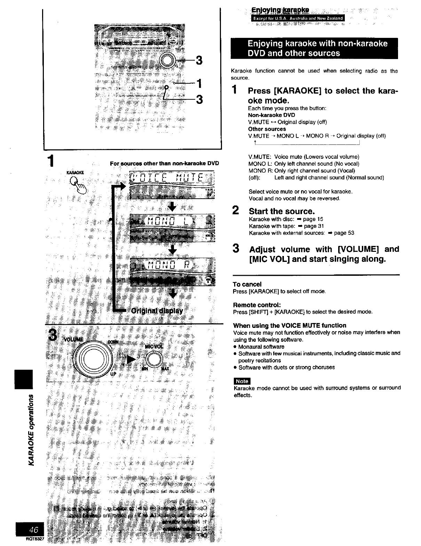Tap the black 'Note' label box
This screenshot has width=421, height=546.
242,381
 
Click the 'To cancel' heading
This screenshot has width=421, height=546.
247,284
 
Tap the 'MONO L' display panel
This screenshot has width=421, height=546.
172,221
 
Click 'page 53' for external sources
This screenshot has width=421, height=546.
344,233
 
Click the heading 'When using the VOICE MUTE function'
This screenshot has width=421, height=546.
289,325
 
